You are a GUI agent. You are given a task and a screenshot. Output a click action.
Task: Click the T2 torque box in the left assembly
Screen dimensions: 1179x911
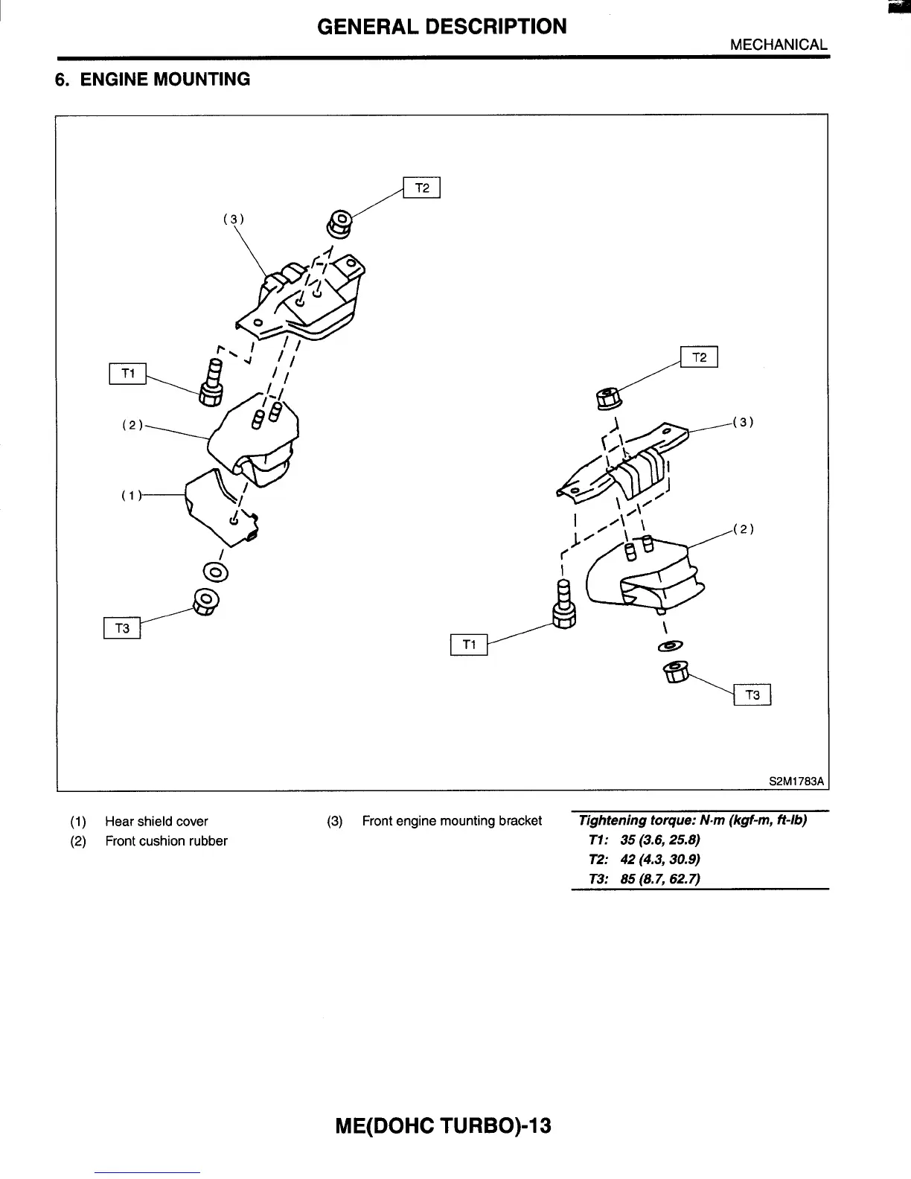coord(422,188)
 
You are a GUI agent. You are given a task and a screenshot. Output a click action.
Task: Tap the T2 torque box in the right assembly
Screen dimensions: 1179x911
coord(699,358)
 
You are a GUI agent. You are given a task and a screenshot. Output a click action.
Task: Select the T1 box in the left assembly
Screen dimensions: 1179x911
coord(128,374)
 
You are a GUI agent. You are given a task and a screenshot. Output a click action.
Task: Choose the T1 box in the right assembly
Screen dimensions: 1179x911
coord(469,645)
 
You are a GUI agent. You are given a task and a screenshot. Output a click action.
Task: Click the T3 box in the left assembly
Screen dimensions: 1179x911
coord(122,629)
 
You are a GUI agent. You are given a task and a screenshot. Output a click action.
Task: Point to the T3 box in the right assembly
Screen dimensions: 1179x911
coord(752,695)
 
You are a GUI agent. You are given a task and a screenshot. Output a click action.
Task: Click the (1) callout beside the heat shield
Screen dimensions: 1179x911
coord(131,495)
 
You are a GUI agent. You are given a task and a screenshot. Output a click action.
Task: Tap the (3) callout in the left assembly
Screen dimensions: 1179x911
coord(234,219)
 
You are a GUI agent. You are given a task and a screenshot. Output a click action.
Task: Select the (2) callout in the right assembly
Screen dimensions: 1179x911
coord(744,529)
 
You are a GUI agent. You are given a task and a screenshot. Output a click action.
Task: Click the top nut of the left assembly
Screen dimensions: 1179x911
coord(340,223)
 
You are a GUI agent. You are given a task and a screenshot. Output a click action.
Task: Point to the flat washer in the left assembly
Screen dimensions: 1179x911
coord(216,572)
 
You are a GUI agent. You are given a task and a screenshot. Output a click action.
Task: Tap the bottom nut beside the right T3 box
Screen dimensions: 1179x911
coord(675,674)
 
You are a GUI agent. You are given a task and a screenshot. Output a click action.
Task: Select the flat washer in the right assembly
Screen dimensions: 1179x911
coord(670,645)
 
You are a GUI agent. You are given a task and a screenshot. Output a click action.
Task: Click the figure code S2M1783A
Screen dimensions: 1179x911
coord(796,782)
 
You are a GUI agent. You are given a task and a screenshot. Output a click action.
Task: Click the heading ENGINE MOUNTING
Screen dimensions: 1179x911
coord(164,79)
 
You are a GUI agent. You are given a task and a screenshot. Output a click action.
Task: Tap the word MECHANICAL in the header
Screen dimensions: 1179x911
coord(779,44)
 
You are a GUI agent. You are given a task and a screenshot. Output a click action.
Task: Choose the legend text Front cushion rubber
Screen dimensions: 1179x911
coord(166,841)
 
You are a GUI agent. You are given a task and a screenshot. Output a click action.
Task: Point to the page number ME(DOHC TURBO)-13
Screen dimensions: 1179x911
coord(444,1125)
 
